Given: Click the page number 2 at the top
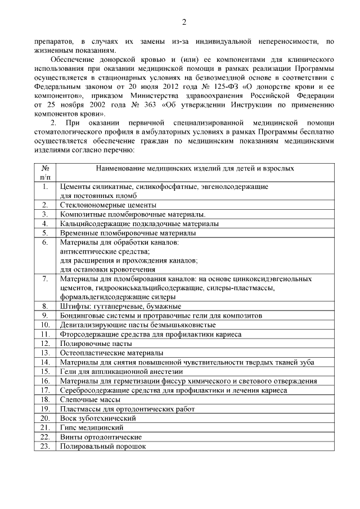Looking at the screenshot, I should pyautogui.click(x=183, y=22).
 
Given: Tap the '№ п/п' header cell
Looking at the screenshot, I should pyautogui.click(x=44, y=172).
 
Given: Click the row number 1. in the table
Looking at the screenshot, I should pyautogui.click(x=44, y=186).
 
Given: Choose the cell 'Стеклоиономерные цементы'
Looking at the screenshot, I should pyautogui.click(x=108, y=205).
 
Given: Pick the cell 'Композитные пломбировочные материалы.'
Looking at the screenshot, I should pyautogui.click(x=133, y=214).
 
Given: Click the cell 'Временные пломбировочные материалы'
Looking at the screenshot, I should pyautogui.click(x=128, y=232).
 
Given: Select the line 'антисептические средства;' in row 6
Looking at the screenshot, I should pyautogui.click(x=105, y=251).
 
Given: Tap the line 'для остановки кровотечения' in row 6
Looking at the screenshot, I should pyautogui.click(x=107, y=269).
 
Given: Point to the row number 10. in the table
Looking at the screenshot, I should pyautogui.click(x=45, y=325).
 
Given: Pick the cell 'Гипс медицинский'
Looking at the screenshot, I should pyautogui.click(x=90, y=427).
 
